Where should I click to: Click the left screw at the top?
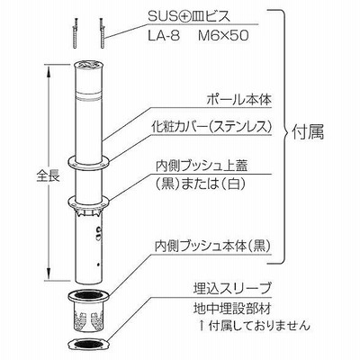coord(75,32)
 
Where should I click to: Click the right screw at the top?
coord(102,32)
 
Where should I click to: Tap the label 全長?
coord(49,176)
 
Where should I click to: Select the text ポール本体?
coord(239,100)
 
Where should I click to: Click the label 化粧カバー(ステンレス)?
coord(211,128)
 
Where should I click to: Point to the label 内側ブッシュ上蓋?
coord(202,166)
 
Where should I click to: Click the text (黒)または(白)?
coord(199,184)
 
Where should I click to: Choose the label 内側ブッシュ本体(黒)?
coord(213,247)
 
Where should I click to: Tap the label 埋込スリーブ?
coord(232,289)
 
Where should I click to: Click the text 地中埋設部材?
coord(232,308)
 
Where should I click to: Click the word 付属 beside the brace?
coord(308,132)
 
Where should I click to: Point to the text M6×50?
coord(223,36)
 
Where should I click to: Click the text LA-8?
coord(164,36)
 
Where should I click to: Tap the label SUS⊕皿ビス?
coord(189,17)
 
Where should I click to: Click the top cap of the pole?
coord(89,64)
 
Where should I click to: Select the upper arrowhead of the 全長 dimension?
coord(48,70)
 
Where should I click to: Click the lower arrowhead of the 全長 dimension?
coord(48,274)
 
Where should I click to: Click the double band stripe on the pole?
coord(89,97)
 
